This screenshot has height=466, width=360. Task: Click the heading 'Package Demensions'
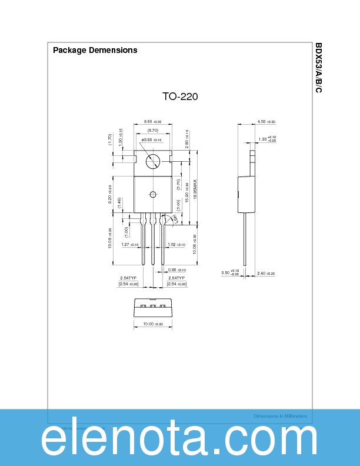(x=95, y=50)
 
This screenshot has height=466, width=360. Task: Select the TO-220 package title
(x=180, y=96)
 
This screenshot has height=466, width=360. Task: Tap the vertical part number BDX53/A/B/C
(x=319, y=68)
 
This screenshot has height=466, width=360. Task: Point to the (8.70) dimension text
(x=153, y=129)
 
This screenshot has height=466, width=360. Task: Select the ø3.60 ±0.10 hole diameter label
(x=151, y=139)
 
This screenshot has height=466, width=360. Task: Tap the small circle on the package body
(x=153, y=195)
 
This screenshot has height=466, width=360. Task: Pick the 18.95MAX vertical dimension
(x=195, y=191)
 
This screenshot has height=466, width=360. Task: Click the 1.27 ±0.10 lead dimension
(x=129, y=245)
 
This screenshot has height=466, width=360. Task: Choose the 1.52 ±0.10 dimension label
(x=176, y=245)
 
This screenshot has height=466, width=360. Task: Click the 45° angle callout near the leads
(x=174, y=219)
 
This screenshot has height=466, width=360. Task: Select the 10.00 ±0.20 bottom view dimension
(x=152, y=324)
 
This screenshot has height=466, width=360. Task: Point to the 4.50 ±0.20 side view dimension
(x=266, y=121)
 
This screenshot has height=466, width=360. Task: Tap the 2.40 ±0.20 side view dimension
(x=266, y=274)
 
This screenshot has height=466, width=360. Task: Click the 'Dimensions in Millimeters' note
(x=280, y=416)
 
